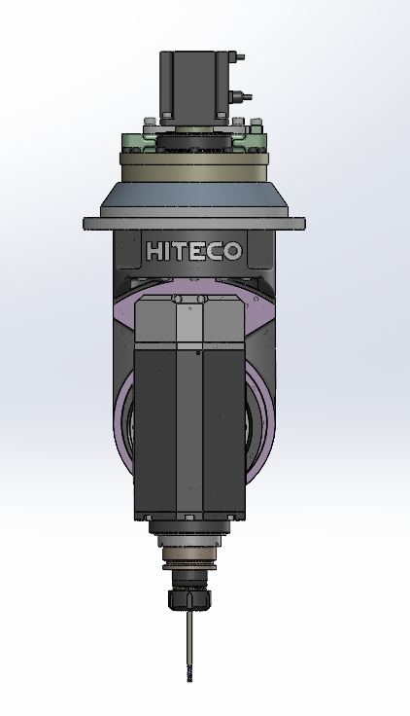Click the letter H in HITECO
pyautogui.click(x=154, y=251)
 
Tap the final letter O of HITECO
pyautogui.click(x=232, y=251)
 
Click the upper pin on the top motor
pyautogui.click(x=240, y=57)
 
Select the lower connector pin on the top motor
pyautogui.click(x=246, y=96)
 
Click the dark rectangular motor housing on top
pyautogui.click(x=193, y=87)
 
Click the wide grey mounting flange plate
pyautogui.click(x=193, y=224)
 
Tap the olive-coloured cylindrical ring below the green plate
pyautogui.click(x=193, y=171)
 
